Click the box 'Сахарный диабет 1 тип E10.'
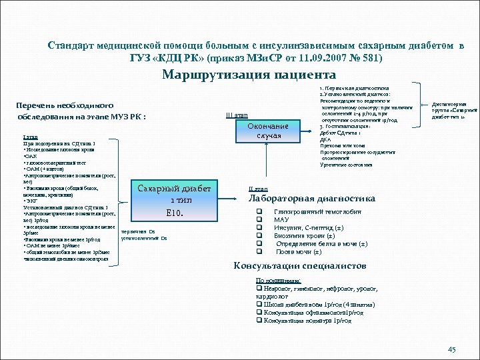pyautogui.click(x=174, y=201)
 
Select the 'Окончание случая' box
pyautogui.click(x=267, y=131)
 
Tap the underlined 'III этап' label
pyautogui.click(x=237, y=115)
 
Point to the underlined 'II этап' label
pyautogui.click(x=258, y=189)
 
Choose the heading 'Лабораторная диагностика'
pyautogui.click(x=311, y=199)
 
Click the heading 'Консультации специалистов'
pyautogui.click(x=299, y=266)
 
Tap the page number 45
pyautogui.click(x=451, y=349)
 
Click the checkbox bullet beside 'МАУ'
pyautogui.click(x=259, y=219)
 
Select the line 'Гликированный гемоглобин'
pyautogui.click(x=317, y=211)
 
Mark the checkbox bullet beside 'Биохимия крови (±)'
pyautogui.click(x=259, y=235)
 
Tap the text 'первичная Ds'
pyautogui.click(x=139, y=231)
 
